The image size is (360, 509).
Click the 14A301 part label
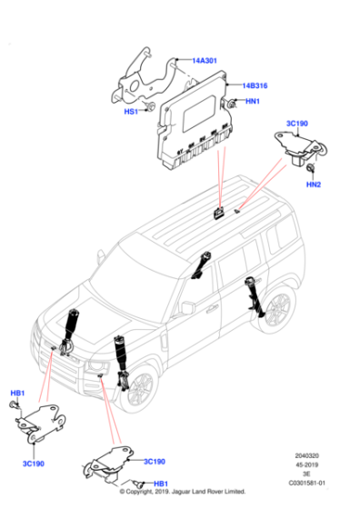(204, 61)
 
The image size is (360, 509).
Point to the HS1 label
(130, 112)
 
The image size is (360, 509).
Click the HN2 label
(314, 185)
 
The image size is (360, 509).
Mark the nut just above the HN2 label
(312, 170)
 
